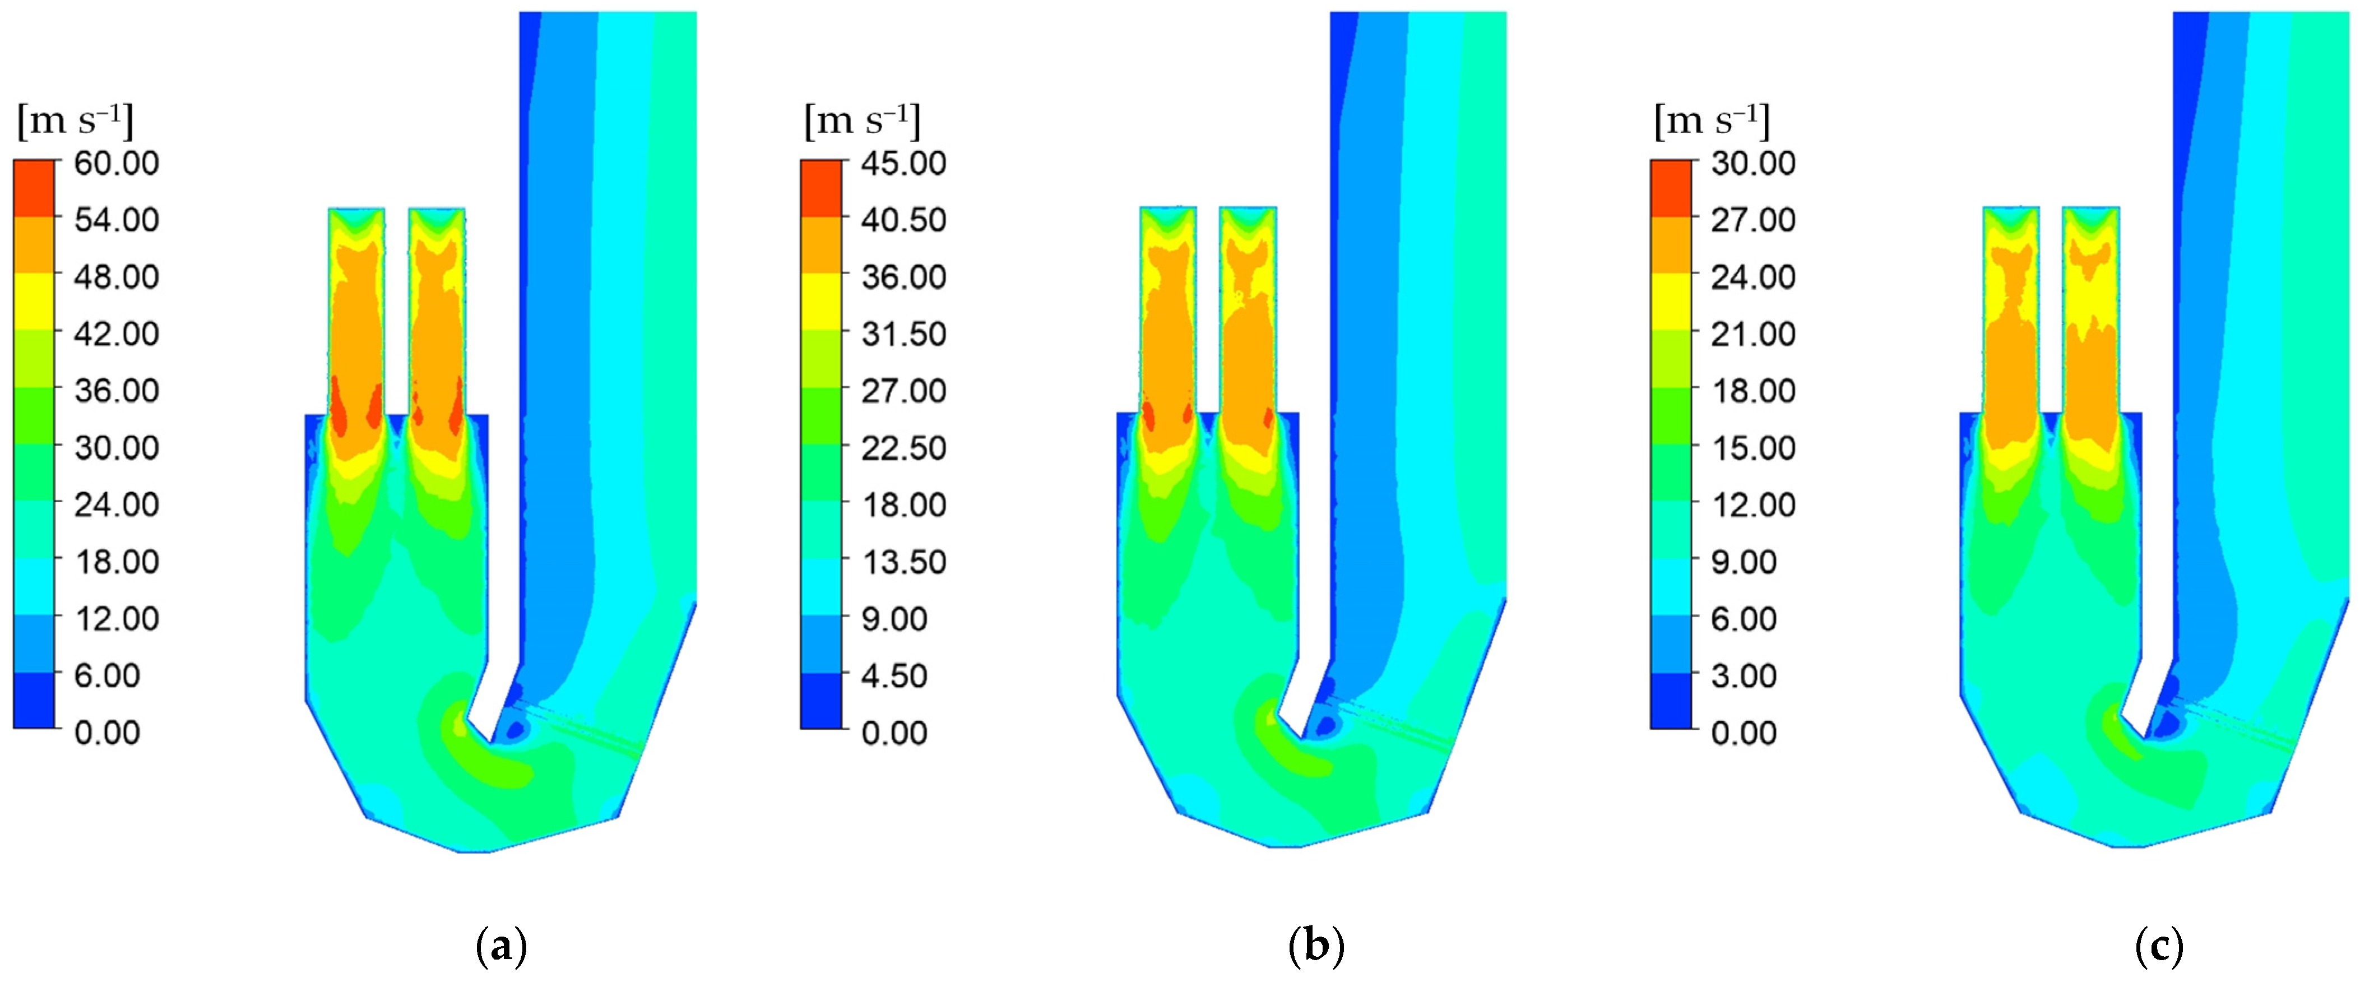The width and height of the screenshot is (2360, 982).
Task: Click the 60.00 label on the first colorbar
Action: click(117, 163)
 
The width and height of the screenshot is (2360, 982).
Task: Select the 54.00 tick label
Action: click(117, 220)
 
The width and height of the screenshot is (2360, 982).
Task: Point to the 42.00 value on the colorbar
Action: click(117, 333)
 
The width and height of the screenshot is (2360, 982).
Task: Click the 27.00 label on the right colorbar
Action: click(1752, 220)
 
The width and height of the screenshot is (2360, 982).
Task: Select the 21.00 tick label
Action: click(1752, 333)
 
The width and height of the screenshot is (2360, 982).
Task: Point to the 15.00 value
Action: click(1752, 448)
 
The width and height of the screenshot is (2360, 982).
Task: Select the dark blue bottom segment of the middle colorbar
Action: click(821, 701)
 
